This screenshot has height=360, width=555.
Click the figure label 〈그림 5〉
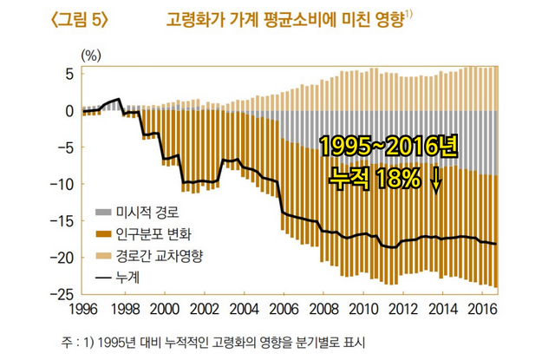click(x=78, y=19)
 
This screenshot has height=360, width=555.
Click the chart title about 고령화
click(x=283, y=19)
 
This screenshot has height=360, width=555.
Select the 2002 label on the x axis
click(x=205, y=309)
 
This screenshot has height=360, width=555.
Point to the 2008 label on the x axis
click(x=323, y=309)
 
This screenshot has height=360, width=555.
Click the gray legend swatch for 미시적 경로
click(x=102, y=211)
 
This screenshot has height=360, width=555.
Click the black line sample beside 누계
click(x=102, y=277)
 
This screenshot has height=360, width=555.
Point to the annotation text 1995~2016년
click(x=388, y=147)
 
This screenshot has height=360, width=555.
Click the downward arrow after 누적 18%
click(x=436, y=178)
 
